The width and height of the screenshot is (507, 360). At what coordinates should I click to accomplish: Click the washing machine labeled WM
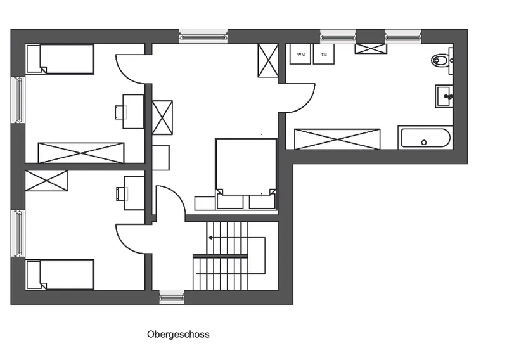point(300,54)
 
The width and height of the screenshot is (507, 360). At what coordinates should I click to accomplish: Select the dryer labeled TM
point(324,54)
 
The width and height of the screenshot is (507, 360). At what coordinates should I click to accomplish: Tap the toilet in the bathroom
point(440,60)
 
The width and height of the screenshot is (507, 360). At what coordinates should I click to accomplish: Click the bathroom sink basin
point(444,96)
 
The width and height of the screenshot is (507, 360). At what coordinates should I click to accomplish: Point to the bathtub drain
point(424,143)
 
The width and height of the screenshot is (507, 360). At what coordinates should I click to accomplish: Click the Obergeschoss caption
point(178,334)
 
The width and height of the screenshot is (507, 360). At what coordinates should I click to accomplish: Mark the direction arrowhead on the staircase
point(210,238)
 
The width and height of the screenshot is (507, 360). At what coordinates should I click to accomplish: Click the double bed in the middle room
point(246,174)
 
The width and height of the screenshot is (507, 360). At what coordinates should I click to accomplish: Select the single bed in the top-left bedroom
point(60,59)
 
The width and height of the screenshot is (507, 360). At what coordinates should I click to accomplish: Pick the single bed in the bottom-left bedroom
point(60,274)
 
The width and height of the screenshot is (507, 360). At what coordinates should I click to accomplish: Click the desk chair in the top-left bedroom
point(120,112)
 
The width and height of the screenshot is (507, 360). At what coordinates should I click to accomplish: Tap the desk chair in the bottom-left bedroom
point(121,193)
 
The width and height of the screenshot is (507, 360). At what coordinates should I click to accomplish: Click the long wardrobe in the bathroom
point(337,139)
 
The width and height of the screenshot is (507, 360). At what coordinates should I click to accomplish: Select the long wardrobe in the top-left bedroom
point(81,153)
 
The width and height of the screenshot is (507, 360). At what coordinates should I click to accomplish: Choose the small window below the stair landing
point(172,297)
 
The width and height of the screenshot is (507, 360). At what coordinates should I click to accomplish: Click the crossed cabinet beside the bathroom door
point(268,60)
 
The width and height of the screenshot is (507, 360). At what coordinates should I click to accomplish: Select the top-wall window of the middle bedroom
point(203,37)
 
